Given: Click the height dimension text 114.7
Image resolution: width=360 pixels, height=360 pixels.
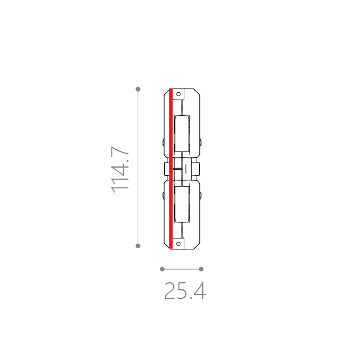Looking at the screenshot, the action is click(120, 169).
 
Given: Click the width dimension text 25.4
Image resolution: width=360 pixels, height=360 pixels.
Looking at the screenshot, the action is click(185, 291).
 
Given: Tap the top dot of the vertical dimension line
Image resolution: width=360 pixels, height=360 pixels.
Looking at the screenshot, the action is click(138, 89).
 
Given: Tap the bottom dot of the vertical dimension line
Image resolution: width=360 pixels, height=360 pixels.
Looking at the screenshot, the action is click(138, 246).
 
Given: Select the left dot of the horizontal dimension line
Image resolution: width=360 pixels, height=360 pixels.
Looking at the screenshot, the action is click(162, 269).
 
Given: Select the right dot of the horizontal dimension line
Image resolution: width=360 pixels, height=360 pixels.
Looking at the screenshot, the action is click(201, 269).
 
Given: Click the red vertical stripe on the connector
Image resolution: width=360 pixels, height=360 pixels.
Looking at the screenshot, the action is click(171, 169).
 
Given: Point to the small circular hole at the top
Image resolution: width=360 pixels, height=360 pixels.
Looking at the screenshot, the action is click(179, 94).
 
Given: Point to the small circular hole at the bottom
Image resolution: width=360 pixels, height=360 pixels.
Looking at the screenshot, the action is click(179, 244).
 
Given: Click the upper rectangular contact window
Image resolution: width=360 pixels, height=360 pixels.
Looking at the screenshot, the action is click(182, 134).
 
